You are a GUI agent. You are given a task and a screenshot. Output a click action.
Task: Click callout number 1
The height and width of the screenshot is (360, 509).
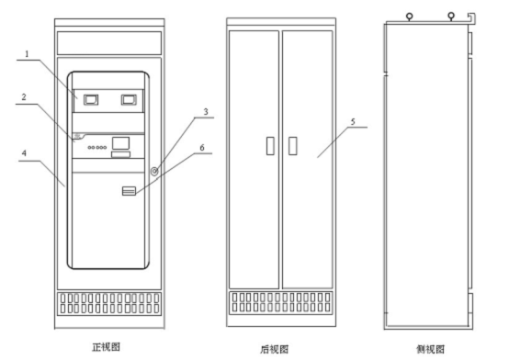[x=27, y=53]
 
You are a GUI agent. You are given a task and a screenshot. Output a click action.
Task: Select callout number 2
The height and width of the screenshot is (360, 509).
[x=24, y=96]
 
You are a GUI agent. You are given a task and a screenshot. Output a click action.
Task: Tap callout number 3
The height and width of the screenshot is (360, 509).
[x=206, y=112]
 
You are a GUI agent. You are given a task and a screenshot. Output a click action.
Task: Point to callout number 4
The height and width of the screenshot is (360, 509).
[x=24, y=152]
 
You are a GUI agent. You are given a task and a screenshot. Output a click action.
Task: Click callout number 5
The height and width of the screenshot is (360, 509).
[x=353, y=121]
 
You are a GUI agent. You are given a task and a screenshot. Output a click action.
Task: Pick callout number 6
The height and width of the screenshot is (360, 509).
[x=202, y=148]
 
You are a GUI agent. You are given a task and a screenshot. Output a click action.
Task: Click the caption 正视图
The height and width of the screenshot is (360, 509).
[x=107, y=347]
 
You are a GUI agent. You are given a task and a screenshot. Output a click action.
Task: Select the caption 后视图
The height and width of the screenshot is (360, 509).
[x=275, y=349]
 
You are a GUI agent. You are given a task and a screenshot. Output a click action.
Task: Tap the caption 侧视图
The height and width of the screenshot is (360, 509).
[x=430, y=349]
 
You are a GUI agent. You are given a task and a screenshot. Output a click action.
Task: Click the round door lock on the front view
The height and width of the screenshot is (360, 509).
[x=154, y=171]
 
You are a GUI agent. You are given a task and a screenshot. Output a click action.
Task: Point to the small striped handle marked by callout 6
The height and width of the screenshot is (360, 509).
[x=129, y=191]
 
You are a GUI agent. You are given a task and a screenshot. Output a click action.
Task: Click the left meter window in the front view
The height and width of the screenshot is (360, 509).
[x=91, y=100]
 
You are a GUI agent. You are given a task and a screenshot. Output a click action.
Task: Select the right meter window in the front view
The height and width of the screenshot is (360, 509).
[x=129, y=100]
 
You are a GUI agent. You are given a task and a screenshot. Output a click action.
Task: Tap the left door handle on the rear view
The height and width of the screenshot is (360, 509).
[x=270, y=146]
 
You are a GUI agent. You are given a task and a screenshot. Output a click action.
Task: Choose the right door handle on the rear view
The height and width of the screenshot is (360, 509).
[x=292, y=146]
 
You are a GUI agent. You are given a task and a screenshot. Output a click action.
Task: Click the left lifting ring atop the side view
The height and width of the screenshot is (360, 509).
[x=410, y=16]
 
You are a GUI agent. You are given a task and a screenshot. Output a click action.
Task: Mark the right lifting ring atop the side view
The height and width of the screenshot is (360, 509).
[x=451, y=16]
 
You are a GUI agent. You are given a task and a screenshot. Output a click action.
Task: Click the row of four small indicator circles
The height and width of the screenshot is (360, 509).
[x=97, y=147]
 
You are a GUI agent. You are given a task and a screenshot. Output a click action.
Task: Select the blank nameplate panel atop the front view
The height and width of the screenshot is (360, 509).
[x=109, y=43]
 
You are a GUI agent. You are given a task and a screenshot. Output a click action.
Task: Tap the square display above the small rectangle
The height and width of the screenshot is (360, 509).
[x=120, y=143]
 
